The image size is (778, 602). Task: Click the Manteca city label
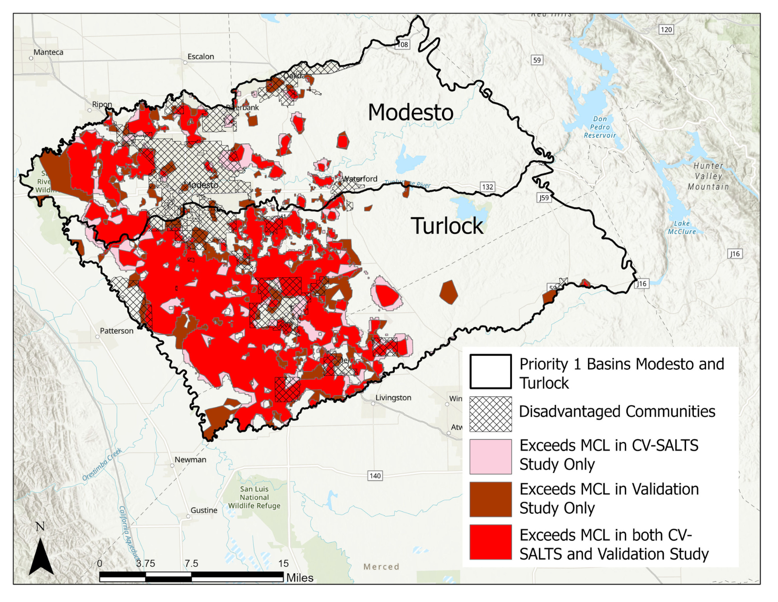[48, 52]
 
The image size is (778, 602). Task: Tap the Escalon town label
[200, 56]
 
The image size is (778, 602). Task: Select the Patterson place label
[116, 331]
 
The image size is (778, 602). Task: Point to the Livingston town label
[393, 398]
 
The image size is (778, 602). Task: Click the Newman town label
[190, 459]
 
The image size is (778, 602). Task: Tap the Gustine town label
[204, 510]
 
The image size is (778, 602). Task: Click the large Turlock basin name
[447, 226]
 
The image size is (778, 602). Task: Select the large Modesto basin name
[410, 112]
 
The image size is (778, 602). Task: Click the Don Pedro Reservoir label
[600, 127]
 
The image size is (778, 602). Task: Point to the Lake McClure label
[681, 227]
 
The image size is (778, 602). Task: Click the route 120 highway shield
[666, 30]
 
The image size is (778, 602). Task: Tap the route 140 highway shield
[375, 475]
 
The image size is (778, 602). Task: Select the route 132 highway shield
[487, 187]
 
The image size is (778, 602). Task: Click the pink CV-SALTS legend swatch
[490, 456]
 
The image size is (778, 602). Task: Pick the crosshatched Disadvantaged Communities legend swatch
[490, 414]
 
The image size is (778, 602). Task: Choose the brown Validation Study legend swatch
[490, 499]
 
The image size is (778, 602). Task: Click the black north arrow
[41, 556]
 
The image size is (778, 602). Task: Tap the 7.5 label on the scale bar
[191, 564]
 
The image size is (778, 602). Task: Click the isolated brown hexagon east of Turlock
[448, 292]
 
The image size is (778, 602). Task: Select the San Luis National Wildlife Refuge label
[254, 497]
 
